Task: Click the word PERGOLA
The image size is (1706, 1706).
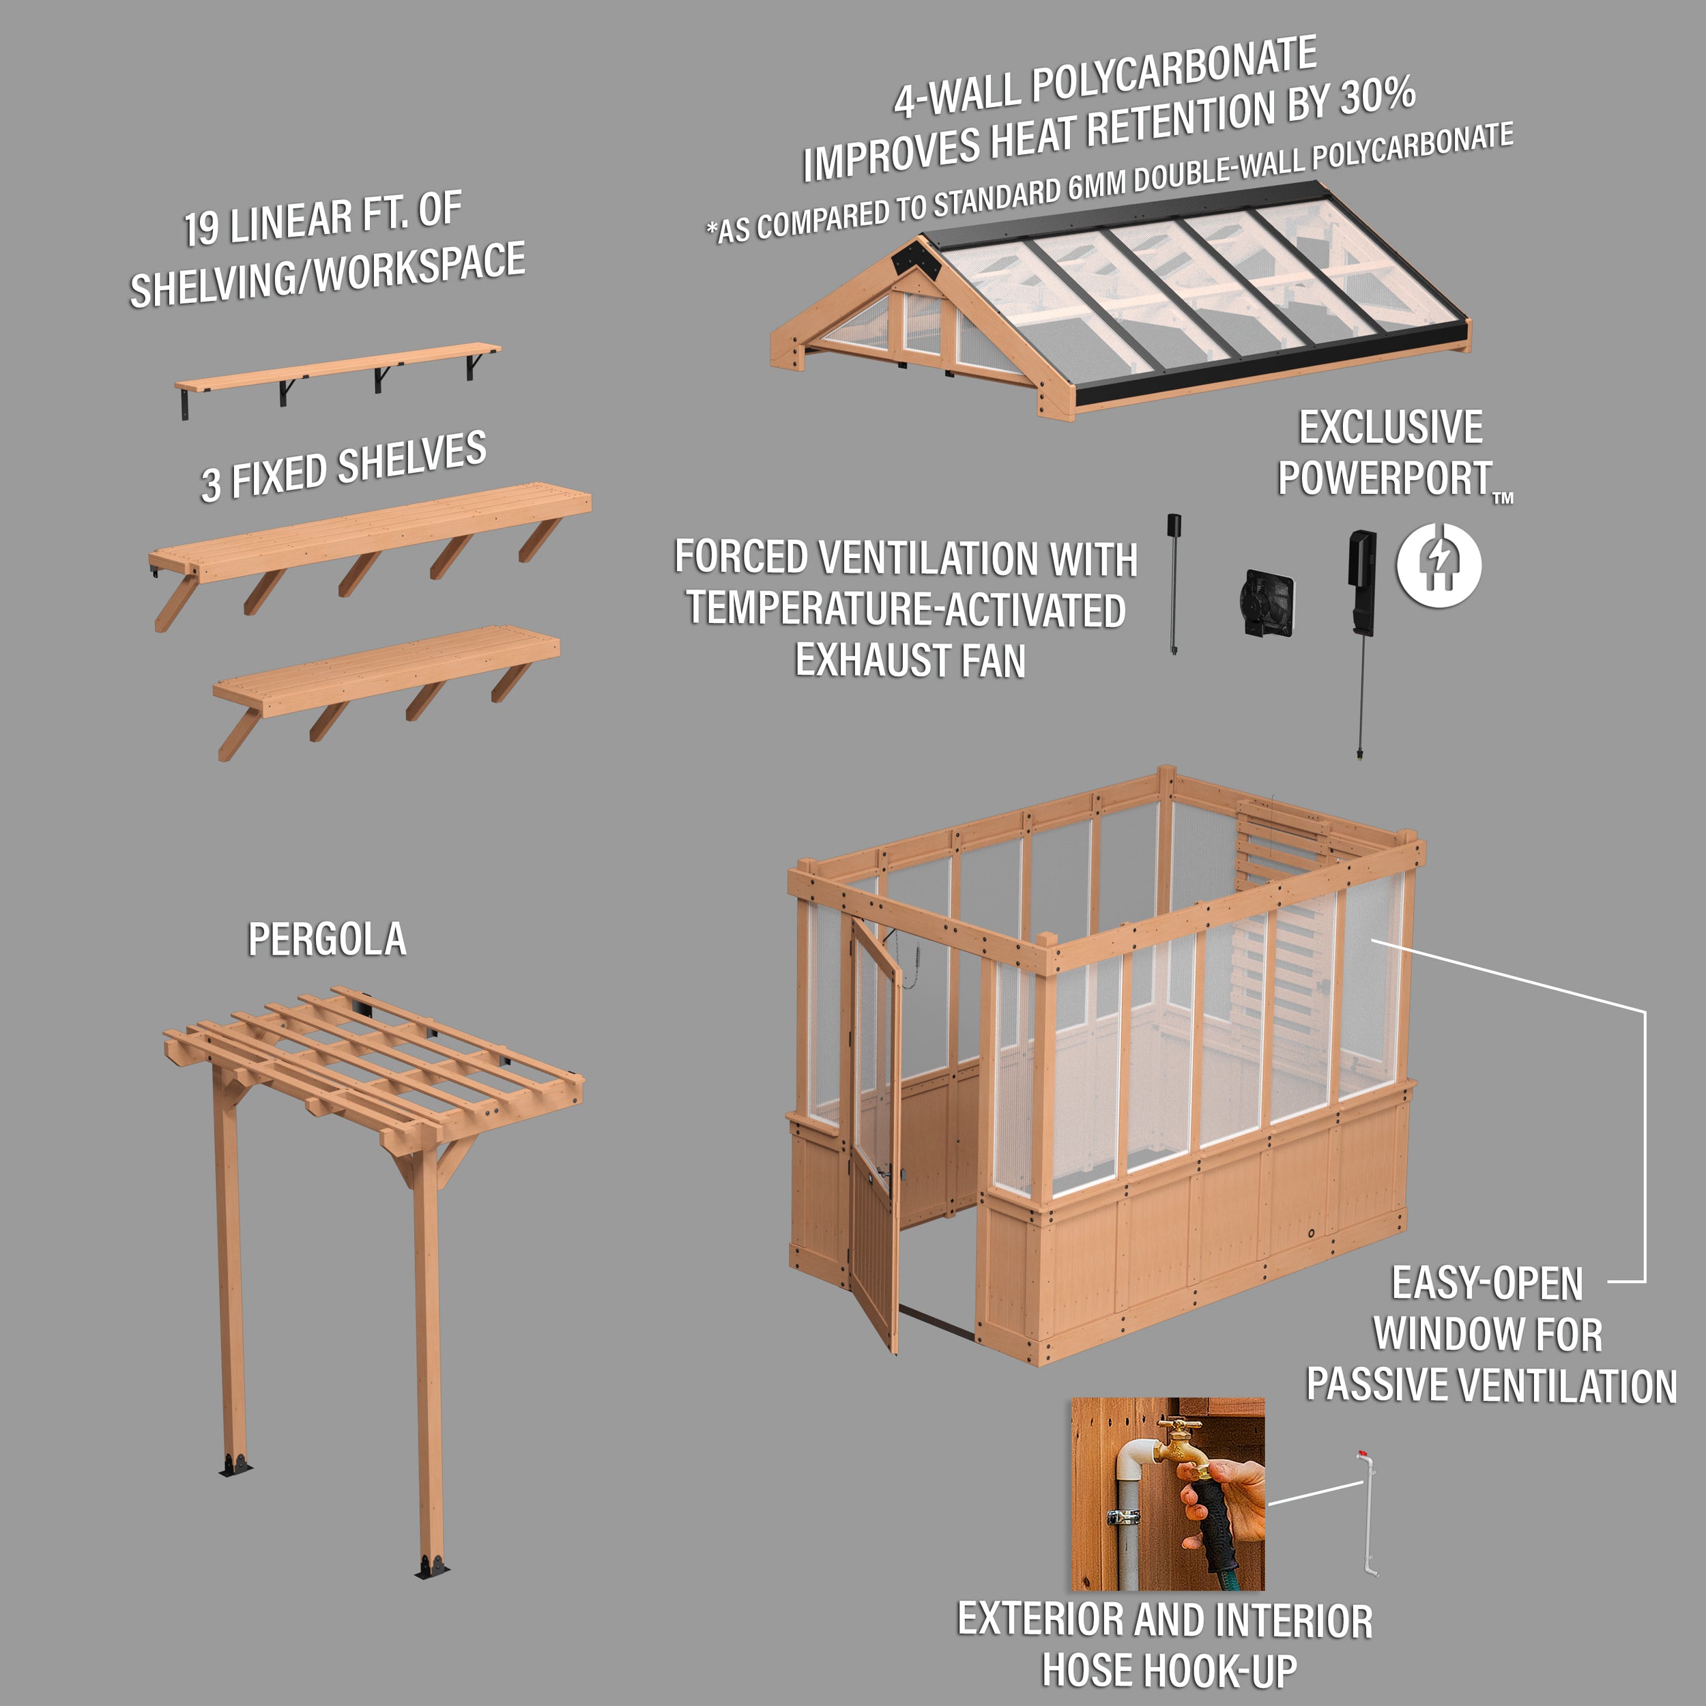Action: tap(327, 940)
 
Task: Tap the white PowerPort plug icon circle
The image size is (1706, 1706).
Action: tap(1438, 565)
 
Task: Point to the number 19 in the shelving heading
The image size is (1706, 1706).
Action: tap(201, 228)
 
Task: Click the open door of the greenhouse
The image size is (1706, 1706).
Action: tap(874, 1130)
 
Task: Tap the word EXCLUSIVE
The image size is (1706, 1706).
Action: tap(1391, 429)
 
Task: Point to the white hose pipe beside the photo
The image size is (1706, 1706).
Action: tap(1368, 1514)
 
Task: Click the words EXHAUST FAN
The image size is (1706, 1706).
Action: tap(910, 661)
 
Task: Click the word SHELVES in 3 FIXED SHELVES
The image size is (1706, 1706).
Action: tap(411, 460)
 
